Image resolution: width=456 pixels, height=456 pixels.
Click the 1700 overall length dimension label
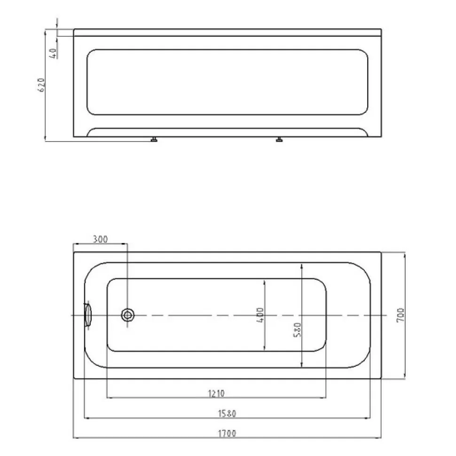227,433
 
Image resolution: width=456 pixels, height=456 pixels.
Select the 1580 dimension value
227,413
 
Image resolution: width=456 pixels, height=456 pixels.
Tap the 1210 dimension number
216,393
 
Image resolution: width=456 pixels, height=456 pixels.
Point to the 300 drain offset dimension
100,239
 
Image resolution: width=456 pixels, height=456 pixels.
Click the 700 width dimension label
401,314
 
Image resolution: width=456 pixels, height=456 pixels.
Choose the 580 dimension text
297,330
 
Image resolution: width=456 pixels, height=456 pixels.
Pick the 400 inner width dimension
260,315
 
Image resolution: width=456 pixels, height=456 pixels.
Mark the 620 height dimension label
41,85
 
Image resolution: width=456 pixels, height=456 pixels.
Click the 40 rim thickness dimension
53,53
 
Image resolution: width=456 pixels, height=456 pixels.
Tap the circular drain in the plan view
128,315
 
